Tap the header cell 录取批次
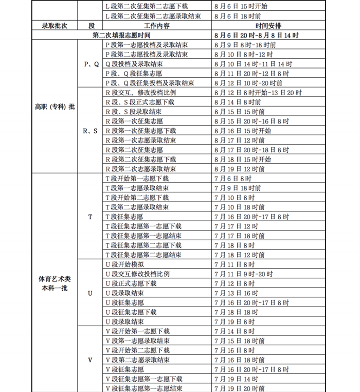point(55,26)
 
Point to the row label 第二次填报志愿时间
point(122,35)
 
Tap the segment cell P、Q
point(91,64)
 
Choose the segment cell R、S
point(91,131)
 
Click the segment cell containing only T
point(91,217)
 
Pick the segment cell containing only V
point(91,360)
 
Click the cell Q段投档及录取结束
point(134,64)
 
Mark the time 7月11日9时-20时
point(239,274)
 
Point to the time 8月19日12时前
point(238,169)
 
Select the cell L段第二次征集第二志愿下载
point(147,7)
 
